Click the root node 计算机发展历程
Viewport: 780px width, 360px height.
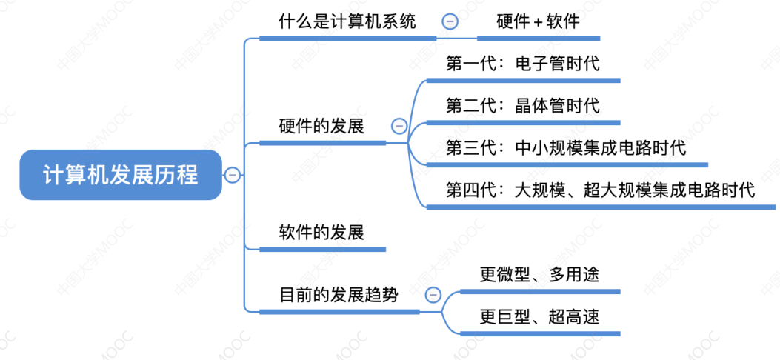pyautogui.click(x=120, y=176)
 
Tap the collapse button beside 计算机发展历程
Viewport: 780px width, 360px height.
pyautogui.click(x=232, y=176)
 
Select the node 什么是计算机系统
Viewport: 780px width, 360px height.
pyautogui.click(x=347, y=21)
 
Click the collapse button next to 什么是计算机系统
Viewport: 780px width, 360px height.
pyautogui.click(x=450, y=21)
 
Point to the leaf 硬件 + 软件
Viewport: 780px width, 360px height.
pyautogui.click(x=538, y=21)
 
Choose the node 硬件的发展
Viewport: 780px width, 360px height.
pyautogui.click(x=321, y=126)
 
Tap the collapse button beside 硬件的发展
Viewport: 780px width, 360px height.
pyautogui.click(x=399, y=126)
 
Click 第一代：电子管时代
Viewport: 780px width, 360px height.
pyautogui.click(x=522, y=64)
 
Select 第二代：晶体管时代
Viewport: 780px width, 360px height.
pyautogui.click(x=522, y=106)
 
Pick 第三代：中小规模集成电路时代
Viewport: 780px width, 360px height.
pyautogui.click(x=566, y=148)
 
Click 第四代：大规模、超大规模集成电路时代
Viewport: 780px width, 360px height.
pyautogui.click(x=600, y=190)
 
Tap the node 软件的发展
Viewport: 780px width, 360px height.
pyautogui.click(x=321, y=232)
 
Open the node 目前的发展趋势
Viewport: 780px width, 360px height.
pyautogui.click(x=339, y=296)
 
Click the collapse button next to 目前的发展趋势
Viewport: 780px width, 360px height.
pyautogui.click(x=433, y=296)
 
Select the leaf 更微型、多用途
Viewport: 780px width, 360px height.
pyautogui.click(x=539, y=275)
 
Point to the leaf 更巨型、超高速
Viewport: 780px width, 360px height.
pyautogui.click(x=539, y=317)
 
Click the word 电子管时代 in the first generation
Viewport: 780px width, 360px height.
pyautogui.click(x=557, y=64)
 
